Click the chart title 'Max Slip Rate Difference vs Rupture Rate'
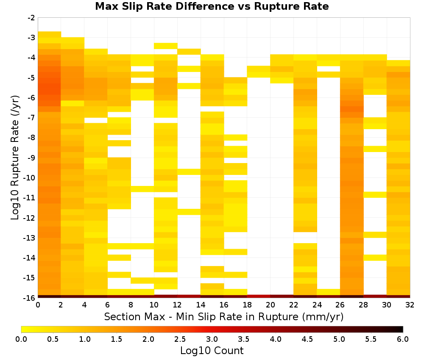[x=212, y=6]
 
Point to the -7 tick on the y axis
[x=31, y=117]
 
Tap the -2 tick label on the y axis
[x=31, y=18]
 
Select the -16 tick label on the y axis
[x=30, y=298]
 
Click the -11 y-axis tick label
[x=30, y=198]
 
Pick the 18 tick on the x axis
[x=247, y=305]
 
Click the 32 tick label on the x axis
[x=410, y=305]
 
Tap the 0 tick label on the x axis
[x=38, y=305]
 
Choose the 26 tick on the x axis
[x=340, y=305]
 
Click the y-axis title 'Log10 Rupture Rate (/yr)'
[x=15, y=158]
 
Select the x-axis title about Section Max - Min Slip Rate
[x=224, y=316]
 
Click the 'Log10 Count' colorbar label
[x=212, y=351]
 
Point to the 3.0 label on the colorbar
[x=212, y=339]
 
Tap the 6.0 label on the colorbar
[x=403, y=339]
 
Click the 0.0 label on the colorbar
[x=21, y=339]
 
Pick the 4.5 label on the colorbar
[x=307, y=339]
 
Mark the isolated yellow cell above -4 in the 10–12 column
[x=166, y=46]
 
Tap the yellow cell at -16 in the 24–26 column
[x=329, y=292]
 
